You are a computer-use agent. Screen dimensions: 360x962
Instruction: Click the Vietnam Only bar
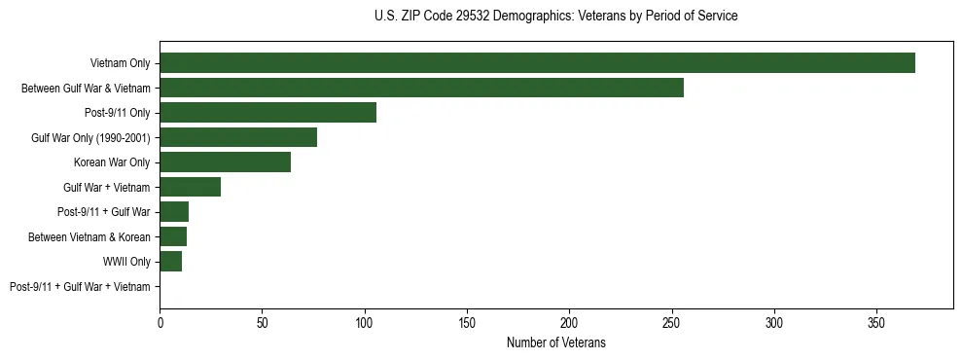coord(537,63)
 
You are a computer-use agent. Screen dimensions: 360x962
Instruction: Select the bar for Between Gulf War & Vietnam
coord(421,88)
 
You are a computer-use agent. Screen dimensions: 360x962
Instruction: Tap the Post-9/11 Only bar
coord(267,113)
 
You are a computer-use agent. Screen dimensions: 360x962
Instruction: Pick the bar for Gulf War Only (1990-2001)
coord(238,137)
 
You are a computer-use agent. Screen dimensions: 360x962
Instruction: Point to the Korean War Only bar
coord(225,162)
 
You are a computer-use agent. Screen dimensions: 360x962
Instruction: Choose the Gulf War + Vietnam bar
coord(190,187)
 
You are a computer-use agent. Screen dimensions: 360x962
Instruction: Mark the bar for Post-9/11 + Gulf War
coord(174,212)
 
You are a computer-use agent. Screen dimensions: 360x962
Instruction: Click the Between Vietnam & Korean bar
coord(173,236)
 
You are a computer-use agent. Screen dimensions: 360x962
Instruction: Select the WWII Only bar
coord(170,261)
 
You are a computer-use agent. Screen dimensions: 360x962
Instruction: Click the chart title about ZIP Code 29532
coord(555,17)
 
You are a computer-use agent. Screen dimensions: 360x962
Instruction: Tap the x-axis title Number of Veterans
coord(555,342)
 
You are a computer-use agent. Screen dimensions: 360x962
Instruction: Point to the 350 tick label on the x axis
coord(876,321)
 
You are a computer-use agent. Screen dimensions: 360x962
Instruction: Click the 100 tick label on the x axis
coord(364,321)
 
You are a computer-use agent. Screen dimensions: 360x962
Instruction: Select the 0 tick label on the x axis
coord(160,321)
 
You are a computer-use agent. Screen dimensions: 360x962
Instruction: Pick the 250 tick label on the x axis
coord(671,321)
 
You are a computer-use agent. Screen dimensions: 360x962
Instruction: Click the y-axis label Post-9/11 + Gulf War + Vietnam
coord(80,286)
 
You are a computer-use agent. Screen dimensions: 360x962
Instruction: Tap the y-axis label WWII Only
coord(126,262)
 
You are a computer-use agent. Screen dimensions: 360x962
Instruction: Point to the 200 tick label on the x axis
coord(569,321)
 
